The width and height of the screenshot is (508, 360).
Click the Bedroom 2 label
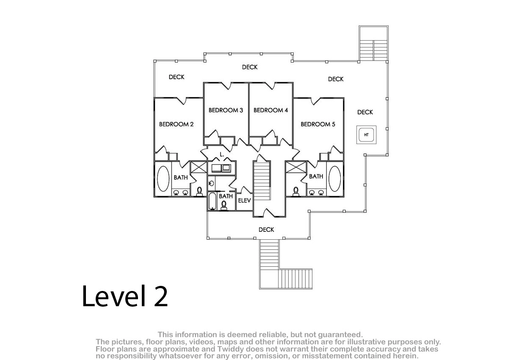click(176, 125)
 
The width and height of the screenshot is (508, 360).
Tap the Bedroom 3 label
click(226, 110)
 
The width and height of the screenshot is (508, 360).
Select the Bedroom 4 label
click(271, 110)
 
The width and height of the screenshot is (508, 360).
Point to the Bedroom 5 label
click(318, 125)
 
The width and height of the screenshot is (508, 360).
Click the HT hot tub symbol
click(366, 135)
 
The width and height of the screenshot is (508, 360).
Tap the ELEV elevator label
click(244, 200)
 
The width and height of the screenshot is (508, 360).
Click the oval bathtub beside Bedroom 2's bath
click(163, 179)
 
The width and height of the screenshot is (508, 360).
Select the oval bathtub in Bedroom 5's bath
click(334, 179)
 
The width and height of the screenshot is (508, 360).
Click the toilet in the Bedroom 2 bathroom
click(199, 191)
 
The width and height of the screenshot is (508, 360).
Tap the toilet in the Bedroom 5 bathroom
click(296, 191)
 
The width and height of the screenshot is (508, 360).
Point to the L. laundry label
click(222, 155)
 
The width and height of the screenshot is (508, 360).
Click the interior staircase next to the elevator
click(262, 181)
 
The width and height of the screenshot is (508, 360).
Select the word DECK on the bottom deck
click(266, 230)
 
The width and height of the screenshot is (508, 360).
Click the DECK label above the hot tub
click(365, 112)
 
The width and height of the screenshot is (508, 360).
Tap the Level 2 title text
click(125, 296)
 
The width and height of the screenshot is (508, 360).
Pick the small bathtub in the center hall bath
click(212, 201)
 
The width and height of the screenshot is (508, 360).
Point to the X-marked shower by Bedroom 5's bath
click(296, 167)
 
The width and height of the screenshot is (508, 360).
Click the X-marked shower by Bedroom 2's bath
click(199, 167)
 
